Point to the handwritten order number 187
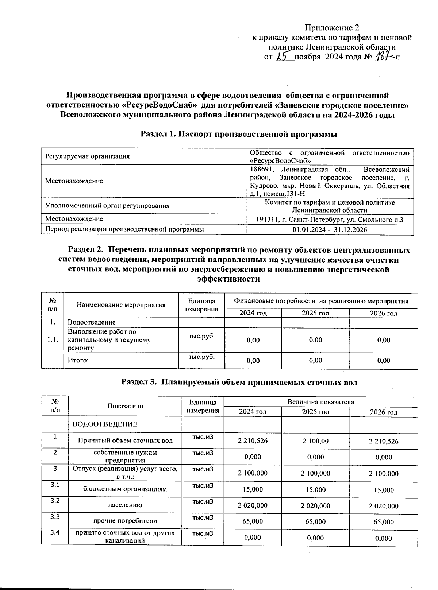pyautogui.click(x=383, y=57)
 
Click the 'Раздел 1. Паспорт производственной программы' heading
pyautogui.click(x=239, y=134)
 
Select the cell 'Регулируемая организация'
pyautogui.click(x=87, y=156)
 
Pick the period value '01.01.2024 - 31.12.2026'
pyautogui.click(x=330, y=229)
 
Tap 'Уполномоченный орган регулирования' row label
pyautogui.click(x=107, y=206)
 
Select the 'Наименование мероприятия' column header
pyautogui.click(x=121, y=305)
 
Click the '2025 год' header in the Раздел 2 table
pyautogui.click(x=315, y=313)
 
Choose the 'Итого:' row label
pyautogui.click(x=78, y=361)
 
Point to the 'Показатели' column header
pyautogui.click(x=125, y=406)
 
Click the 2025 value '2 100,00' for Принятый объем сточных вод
pyautogui.click(x=315, y=441)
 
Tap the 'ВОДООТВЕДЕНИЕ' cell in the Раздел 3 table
pyautogui.click(x=105, y=424)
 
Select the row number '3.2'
pyautogui.click(x=55, y=501)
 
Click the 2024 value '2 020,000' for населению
pyautogui.click(x=253, y=505)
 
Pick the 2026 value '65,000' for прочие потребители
pyautogui.click(x=384, y=522)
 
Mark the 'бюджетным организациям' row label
pyautogui.click(x=125, y=489)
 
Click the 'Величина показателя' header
pyautogui.click(x=320, y=402)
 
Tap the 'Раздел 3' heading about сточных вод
pyautogui.click(x=239, y=382)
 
